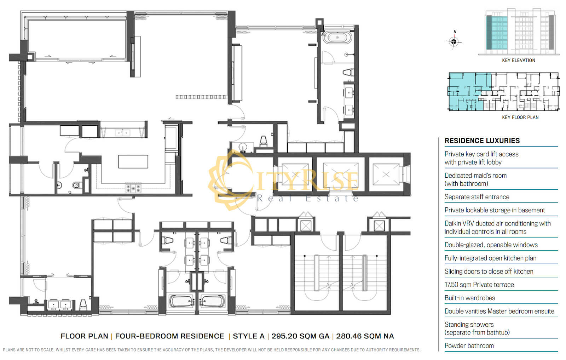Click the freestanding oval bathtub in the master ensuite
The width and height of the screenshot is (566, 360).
pos(337,38)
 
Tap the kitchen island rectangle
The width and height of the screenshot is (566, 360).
pos(133,161)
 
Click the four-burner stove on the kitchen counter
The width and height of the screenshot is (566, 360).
pos(133,188)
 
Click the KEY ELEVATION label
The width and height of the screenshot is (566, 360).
pos(519,61)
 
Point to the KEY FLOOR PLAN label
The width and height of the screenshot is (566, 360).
pos(520,117)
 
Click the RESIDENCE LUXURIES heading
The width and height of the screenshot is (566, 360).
pos(482,141)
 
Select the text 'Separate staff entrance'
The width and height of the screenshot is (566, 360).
pos(477,197)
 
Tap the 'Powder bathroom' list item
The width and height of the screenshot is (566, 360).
pos(469,346)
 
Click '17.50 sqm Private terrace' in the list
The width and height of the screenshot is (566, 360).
pos(479,285)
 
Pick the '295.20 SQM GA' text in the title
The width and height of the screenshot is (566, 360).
pos(300,336)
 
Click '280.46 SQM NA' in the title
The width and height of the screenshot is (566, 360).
pos(365,336)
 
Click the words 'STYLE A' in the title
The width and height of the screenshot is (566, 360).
pos(249,336)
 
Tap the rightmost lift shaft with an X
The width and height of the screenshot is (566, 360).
pos(386,175)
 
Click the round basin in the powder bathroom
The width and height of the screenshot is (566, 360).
pos(243,147)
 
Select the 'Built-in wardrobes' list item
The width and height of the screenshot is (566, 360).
pos(470,298)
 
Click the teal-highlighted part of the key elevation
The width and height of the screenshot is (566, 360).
pos(497,33)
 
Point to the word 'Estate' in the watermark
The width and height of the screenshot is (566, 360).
pos(332,199)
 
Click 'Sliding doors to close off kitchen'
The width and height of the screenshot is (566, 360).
pos(489,272)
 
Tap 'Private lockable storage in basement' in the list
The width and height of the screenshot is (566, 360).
pos(495,210)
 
